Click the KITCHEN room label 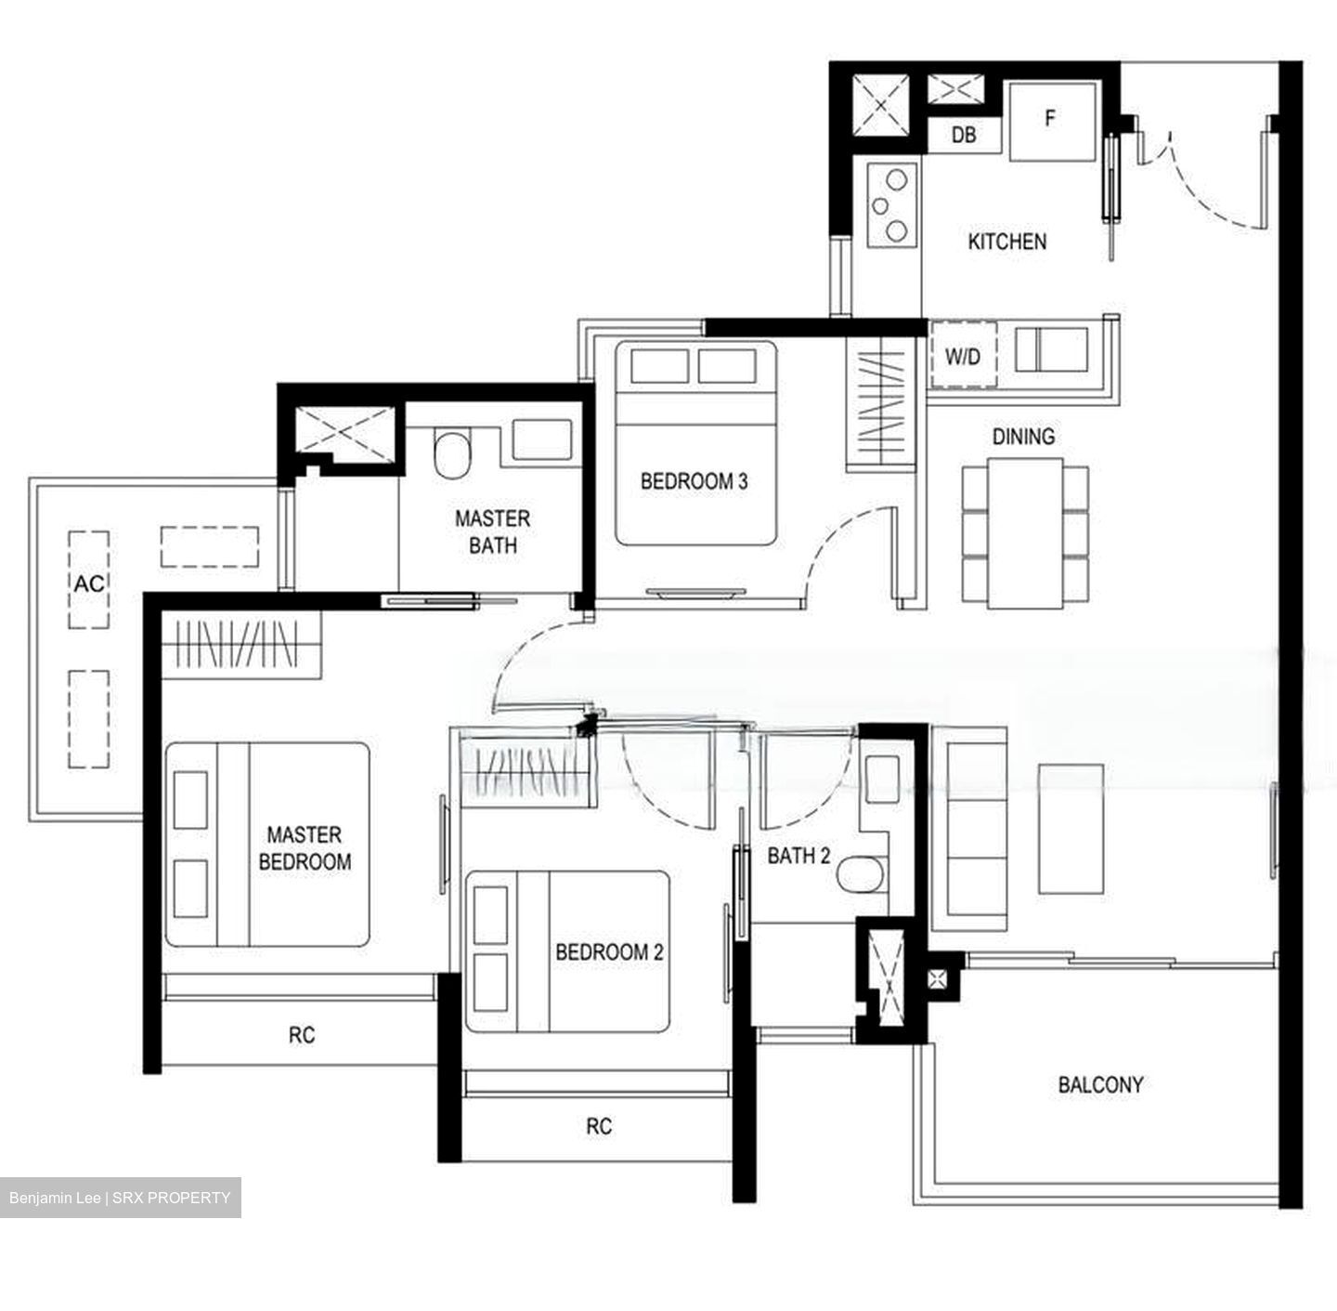click(x=1006, y=242)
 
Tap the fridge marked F click(x=1051, y=121)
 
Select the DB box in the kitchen click(x=964, y=136)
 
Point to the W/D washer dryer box click(x=963, y=357)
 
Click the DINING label click(x=1023, y=437)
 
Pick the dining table click(x=1025, y=533)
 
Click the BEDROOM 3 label click(x=694, y=481)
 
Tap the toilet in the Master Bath click(x=452, y=455)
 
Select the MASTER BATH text click(x=492, y=531)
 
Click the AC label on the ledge click(x=89, y=583)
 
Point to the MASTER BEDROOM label click(x=305, y=848)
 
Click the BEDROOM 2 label click(x=609, y=952)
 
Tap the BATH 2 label click(x=798, y=856)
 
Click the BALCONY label click(x=1100, y=1084)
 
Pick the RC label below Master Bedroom click(x=301, y=1035)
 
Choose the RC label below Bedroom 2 click(x=599, y=1126)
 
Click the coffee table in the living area click(x=1071, y=829)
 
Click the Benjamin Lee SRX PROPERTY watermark click(x=120, y=1198)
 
